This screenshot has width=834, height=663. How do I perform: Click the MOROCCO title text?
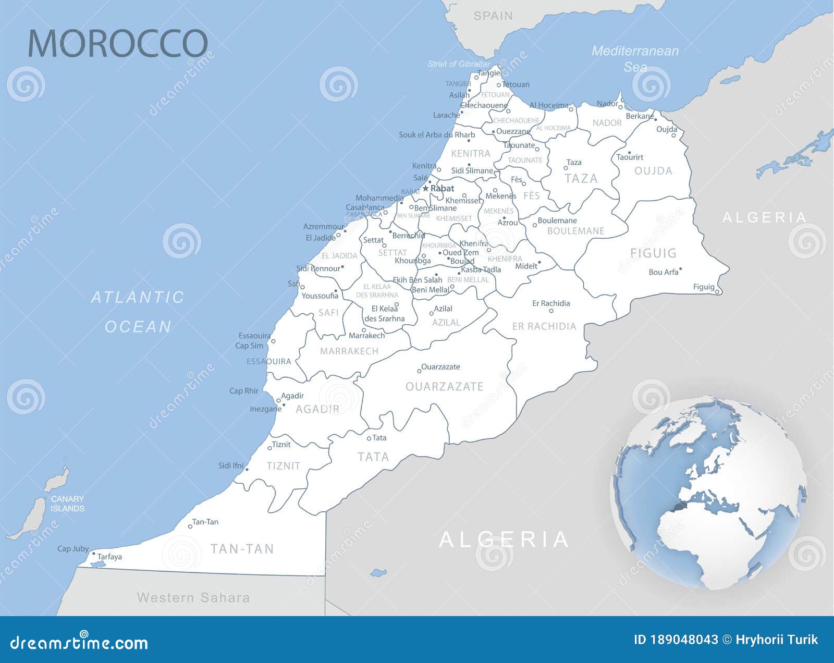point(118,43)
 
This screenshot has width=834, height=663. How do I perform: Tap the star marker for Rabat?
point(425,188)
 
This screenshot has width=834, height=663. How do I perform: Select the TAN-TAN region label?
point(242,548)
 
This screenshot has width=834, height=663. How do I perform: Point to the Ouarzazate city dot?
point(419,371)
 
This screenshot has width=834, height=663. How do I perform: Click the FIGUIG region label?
point(653,253)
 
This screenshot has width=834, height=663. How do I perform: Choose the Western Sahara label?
point(193,597)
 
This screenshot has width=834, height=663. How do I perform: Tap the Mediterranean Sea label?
point(635,59)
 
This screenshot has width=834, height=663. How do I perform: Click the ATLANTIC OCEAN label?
point(138,312)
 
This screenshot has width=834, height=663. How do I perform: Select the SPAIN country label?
point(493,16)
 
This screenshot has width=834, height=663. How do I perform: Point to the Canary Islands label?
point(67,504)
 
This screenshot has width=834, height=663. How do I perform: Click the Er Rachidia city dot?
point(551,311)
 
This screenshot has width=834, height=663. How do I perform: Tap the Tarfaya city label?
point(109,557)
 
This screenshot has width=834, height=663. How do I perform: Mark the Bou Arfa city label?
point(664,272)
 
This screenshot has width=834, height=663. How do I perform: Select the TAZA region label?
point(581,179)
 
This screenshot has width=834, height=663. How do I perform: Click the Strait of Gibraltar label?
point(459,64)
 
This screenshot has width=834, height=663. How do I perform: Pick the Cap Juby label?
point(73,548)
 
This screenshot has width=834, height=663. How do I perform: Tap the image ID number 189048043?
point(684,640)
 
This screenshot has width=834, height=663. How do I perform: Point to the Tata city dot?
point(369,438)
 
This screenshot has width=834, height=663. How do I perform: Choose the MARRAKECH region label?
point(349,351)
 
